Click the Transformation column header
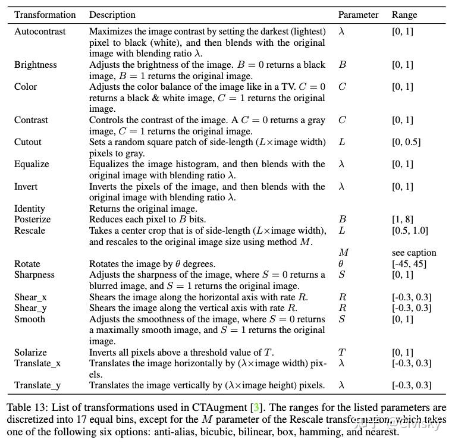[x=45, y=14]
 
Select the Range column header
[x=404, y=14]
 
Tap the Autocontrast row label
[x=40, y=31]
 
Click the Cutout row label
[x=28, y=142]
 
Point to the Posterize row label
[x=32, y=219]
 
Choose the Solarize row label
[x=30, y=352]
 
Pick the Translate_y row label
[x=37, y=385]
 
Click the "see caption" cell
[x=414, y=252]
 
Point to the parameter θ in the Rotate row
[x=341, y=263]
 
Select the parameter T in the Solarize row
[x=341, y=352]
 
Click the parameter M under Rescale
[x=343, y=252]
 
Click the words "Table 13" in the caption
[x=26, y=408]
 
